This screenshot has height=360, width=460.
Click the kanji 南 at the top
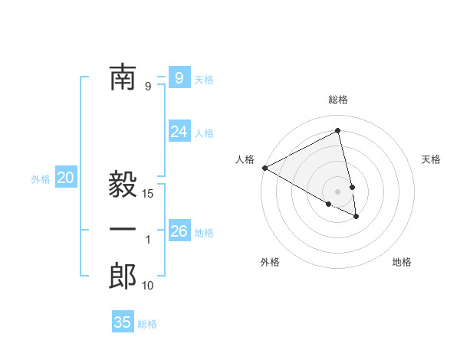point(123,78)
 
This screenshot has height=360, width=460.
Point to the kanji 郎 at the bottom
point(123,277)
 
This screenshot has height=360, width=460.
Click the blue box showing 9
point(179,78)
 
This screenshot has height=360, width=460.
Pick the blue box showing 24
point(179,132)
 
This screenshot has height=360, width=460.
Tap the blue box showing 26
point(179,231)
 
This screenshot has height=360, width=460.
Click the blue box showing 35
point(123,322)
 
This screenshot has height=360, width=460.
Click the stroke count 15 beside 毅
point(149,195)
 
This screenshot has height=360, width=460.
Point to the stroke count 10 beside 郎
point(149,286)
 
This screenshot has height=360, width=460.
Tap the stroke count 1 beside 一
point(148,241)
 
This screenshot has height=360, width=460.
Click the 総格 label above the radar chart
point(338,100)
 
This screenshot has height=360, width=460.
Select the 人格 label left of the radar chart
point(245,159)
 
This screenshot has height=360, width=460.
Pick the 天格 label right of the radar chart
point(432,159)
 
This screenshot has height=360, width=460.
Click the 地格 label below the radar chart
point(402,262)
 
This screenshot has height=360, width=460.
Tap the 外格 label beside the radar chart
point(270,262)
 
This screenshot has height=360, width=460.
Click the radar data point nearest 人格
point(264,167)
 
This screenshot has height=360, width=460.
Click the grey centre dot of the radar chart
point(338,191)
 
